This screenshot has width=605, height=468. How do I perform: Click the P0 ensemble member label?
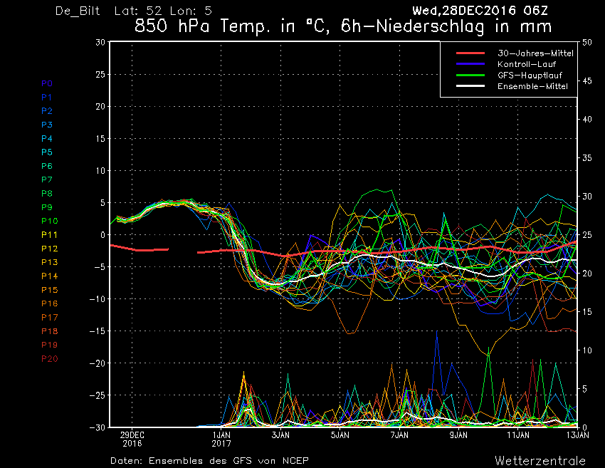pyautogui.click(x=47, y=83)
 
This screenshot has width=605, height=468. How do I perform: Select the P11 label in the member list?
pyautogui.click(x=49, y=235)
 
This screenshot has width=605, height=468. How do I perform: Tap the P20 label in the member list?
pyautogui.click(x=49, y=359)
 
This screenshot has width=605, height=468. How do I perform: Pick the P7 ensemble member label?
pyautogui.click(x=47, y=180)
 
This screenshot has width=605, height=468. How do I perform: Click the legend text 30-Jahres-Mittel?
pyautogui.click(x=535, y=53)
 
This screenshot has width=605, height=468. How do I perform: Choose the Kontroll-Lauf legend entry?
pyautogui.click(x=526, y=64)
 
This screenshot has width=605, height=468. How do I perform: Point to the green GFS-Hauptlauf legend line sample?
pyautogui.click(x=470, y=75)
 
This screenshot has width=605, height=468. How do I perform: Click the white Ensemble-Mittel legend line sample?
pyautogui.click(x=470, y=85)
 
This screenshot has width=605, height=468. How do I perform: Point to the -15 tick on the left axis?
pyautogui.click(x=98, y=331)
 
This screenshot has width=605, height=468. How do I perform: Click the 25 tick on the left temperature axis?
pyautogui.click(x=100, y=74)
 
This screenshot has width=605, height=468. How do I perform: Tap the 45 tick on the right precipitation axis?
pyautogui.click(x=587, y=80)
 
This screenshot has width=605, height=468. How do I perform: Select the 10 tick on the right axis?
pyautogui.click(x=587, y=350)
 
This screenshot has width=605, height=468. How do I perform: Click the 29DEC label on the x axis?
pyautogui.click(x=132, y=435)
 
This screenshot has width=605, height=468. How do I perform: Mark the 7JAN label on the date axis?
pyautogui.click(x=399, y=435)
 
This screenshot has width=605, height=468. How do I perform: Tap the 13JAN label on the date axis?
pyautogui.click(x=578, y=435)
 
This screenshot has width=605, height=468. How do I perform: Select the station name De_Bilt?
pyautogui.click(x=78, y=11)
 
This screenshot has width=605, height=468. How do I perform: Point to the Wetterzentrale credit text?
pyautogui.click(x=540, y=460)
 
